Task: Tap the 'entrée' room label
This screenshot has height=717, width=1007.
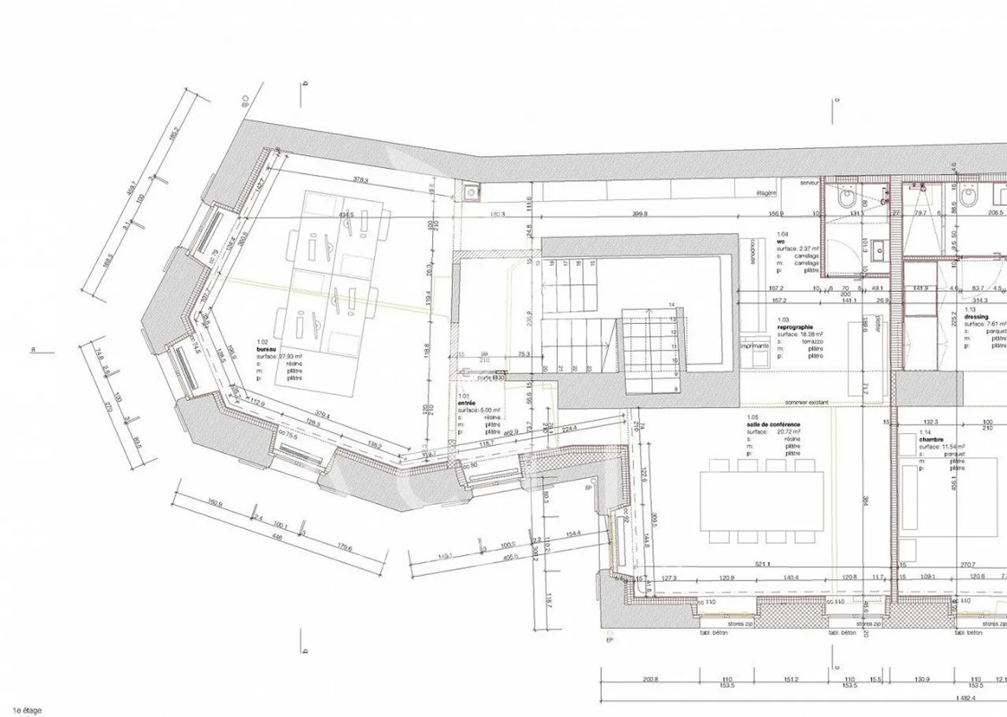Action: [466, 403]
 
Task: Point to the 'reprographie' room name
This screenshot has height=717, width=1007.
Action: [794, 327]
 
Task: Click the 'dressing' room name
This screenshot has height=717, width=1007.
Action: [976, 317]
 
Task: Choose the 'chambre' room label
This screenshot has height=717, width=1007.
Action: [931, 439]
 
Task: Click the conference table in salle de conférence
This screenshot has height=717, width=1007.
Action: [762, 499]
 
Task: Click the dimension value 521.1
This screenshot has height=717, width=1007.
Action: [762, 564]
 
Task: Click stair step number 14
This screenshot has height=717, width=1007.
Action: [671, 305]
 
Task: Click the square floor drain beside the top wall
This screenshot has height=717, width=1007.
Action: [471, 191]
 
